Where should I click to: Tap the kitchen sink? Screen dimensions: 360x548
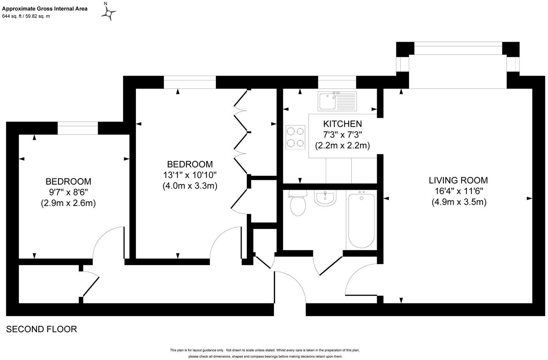pos(337,101)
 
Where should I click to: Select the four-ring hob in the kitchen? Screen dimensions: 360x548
pos(295,137)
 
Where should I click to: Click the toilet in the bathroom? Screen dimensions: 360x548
pos(297,203)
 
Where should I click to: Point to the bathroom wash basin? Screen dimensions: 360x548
pos(326,198)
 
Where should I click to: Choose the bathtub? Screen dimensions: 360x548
pos(361,220)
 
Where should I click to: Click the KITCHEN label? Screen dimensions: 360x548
pos(342,124)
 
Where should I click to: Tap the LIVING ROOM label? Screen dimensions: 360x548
pos(458,180)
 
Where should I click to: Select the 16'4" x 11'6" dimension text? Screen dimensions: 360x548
pos(458,191)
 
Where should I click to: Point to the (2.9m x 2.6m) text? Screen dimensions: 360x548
pos(68,203)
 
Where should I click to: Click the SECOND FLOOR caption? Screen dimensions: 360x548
pos(42,329)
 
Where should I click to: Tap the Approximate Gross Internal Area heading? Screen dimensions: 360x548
pos(45,8)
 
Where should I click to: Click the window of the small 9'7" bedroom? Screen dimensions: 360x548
pos(78,128)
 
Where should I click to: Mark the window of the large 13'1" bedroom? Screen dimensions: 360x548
pos(190,82)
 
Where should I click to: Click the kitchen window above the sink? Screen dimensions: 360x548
pos(337,82)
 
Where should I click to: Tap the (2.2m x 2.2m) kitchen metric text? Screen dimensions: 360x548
pos(342,146)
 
